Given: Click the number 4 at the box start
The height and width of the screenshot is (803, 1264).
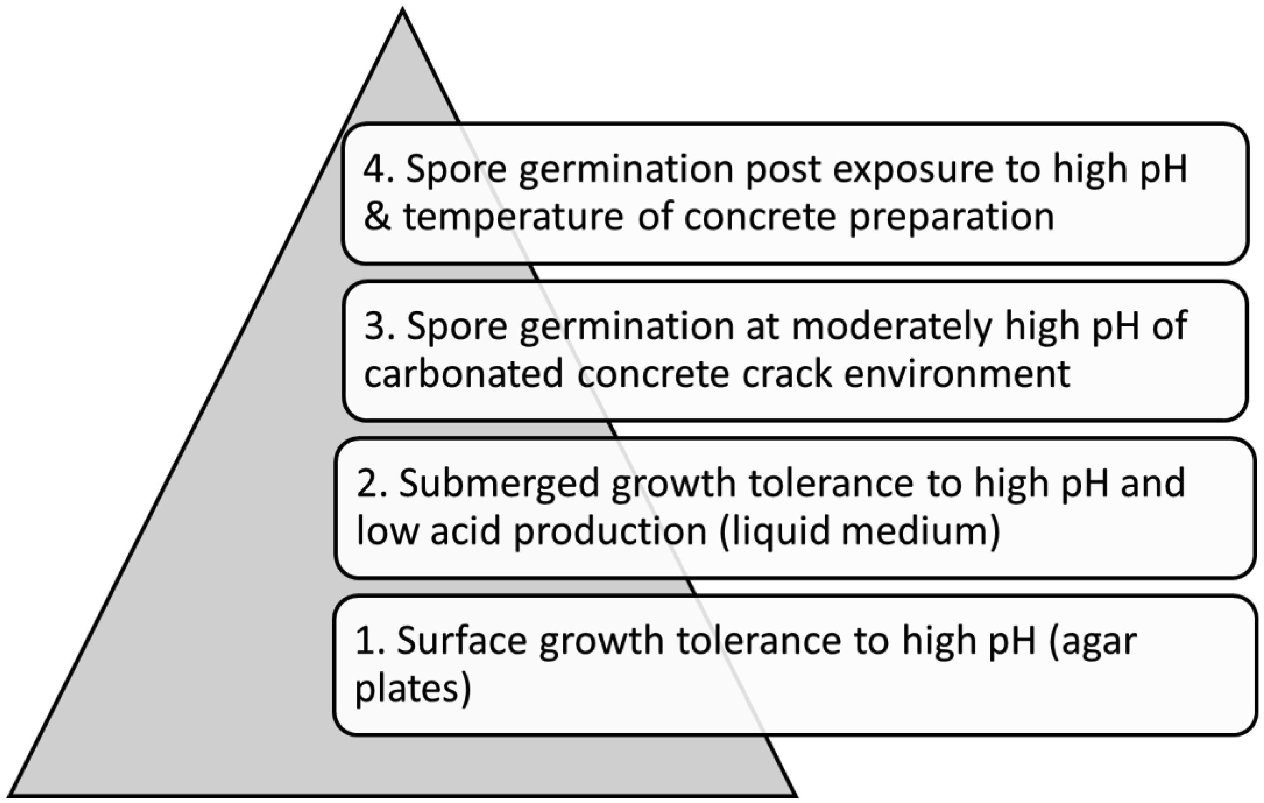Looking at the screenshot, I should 374,169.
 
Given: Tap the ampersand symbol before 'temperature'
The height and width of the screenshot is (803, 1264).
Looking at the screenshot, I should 377,216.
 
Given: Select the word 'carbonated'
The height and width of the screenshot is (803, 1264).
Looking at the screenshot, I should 463,374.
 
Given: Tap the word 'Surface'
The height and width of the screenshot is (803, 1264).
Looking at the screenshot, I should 461,641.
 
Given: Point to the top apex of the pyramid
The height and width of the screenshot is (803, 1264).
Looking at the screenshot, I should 402,9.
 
